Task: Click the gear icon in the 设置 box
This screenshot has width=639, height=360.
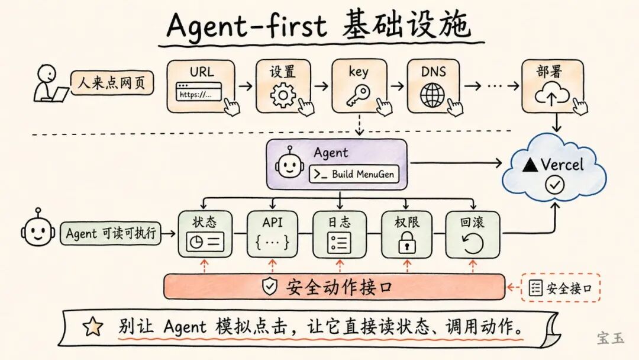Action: (x=282, y=95)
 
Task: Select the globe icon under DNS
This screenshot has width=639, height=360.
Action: (x=433, y=95)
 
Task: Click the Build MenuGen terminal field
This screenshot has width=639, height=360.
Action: (x=354, y=174)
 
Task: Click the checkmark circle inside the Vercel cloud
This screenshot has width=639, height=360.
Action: (x=554, y=185)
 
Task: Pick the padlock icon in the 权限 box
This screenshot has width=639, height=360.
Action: (x=406, y=243)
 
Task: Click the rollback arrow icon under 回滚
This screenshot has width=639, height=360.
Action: (x=472, y=243)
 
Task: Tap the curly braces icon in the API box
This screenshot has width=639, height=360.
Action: (x=272, y=242)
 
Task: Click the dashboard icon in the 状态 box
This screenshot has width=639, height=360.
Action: (x=205, y=242)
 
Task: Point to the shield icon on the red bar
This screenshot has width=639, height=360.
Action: (x=270, y=287)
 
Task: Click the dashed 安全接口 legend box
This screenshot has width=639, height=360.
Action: (x=560, y=288)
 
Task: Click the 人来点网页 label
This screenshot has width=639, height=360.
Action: (x=112, y=83)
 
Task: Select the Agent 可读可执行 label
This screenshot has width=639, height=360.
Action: (x=111, y=233)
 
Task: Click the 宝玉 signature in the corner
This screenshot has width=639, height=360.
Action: (x=610, y=338)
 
